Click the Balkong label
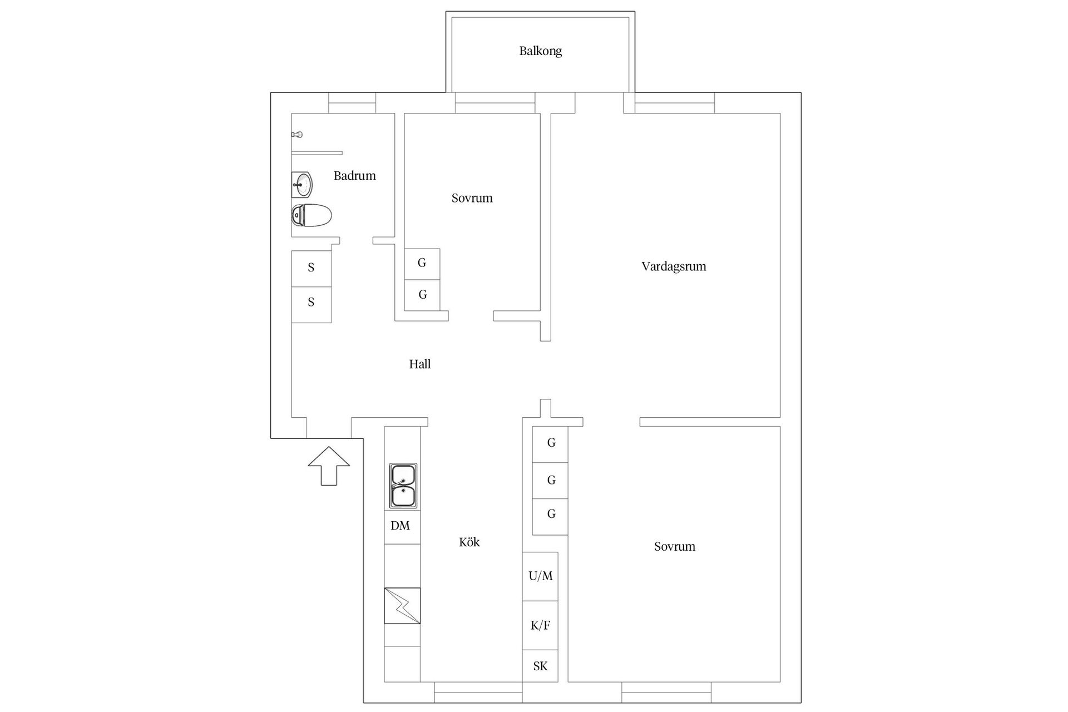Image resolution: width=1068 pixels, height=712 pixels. point(540,51)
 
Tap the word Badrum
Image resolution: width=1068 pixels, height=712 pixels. point(354,176)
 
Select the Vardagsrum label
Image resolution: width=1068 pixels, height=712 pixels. point(674,266)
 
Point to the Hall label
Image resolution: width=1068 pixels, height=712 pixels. point(420,364)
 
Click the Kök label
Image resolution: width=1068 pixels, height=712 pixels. point(469,542)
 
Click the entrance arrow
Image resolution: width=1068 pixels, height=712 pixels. point(329,466)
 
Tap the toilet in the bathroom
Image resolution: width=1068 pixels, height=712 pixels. point(311,215)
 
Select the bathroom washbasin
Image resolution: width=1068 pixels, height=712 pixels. point(302,184)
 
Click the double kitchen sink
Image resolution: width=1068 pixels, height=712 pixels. point(403,486)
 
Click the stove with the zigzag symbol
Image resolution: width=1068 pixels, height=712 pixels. point(402,606)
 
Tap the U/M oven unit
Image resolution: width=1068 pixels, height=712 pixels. point(540,576)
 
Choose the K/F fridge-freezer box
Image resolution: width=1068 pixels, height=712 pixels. point(540,625)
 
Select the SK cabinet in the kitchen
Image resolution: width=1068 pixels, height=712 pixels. point(540,666)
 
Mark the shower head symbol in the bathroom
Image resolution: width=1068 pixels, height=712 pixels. point(297,135)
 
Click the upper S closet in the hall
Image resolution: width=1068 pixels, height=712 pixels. point(311,269)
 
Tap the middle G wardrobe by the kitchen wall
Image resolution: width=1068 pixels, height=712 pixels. point(550,481)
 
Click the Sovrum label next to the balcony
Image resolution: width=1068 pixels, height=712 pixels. point(472,198)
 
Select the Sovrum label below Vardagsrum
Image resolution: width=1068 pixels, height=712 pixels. point(675,546)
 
